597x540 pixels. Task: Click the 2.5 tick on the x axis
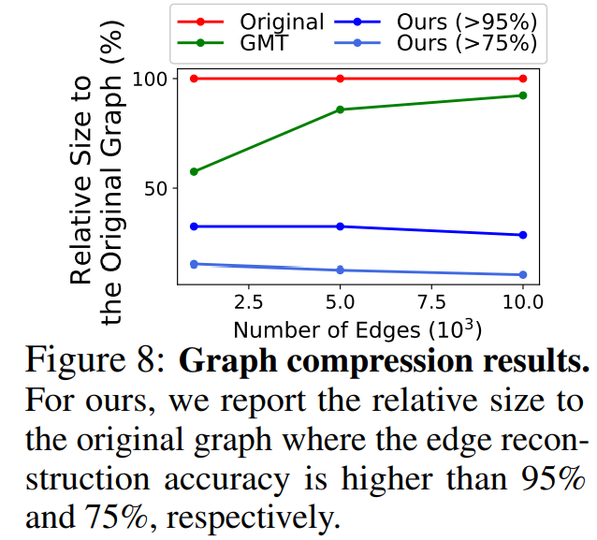[x=248, y=303]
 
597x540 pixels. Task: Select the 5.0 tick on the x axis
[x=340, y=303]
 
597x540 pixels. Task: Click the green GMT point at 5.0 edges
[x=340, y=109]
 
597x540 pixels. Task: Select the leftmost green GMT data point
[x=194, y=171]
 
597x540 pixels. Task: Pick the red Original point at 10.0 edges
[x=522, y=79]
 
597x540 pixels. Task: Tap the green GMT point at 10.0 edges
[x=522, y=95]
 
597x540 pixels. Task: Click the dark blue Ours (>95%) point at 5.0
[x=340, y=226]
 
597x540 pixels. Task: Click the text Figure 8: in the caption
[x=95, y=361]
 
